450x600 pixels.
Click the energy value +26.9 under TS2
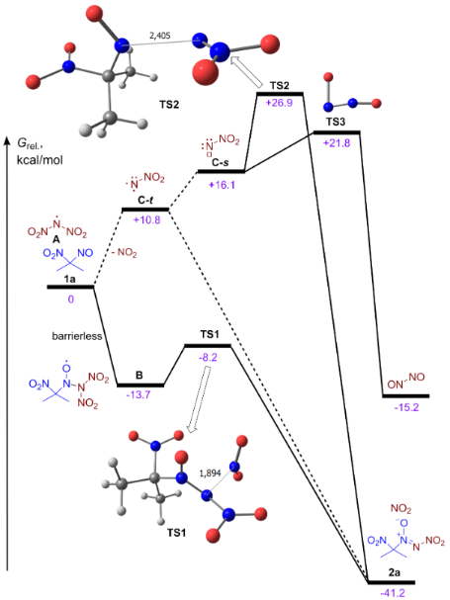281,103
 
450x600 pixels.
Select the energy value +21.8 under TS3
338,142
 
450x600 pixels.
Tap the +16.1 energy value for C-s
224,183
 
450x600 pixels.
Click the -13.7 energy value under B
139,395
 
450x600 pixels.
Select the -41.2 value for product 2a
391,592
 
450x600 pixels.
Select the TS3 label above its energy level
336,122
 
